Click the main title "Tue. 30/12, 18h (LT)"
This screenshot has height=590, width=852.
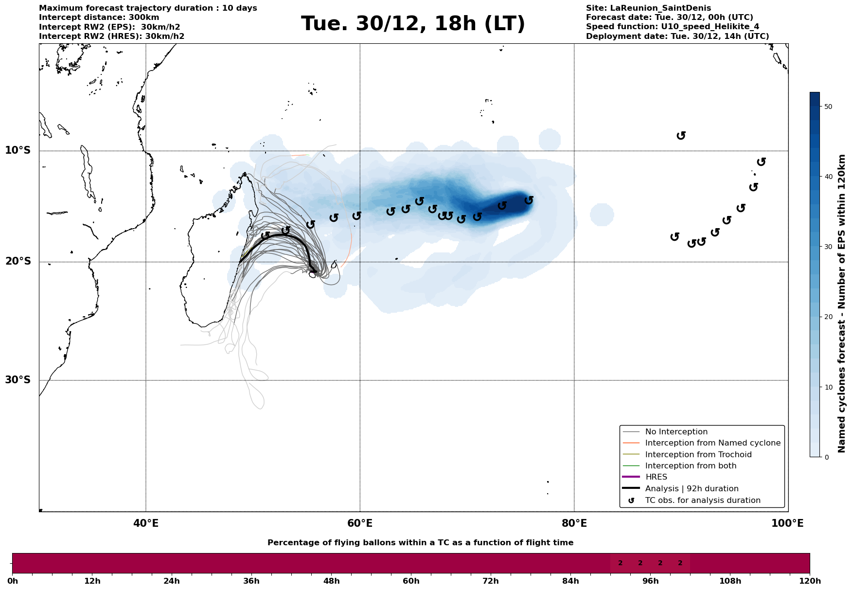click(413, 24)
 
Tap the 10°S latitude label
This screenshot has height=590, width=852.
click(18, 150)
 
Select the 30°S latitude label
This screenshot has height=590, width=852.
click(18, 380)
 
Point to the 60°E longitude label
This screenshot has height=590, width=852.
click(360, 523)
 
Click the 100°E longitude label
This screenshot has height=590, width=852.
click(787, 523)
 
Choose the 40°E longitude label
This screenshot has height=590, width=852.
click(146, 523)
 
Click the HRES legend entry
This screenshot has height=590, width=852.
click(656, 477)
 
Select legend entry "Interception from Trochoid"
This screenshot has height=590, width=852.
click(698, 455)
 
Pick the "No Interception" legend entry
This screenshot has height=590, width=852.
click(676, 432)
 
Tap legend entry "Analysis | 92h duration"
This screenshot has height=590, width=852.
click(692, 489)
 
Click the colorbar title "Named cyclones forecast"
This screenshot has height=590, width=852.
click(842, 304)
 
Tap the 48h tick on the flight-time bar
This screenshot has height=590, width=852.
click(331, 581)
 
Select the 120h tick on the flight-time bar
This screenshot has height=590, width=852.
click(809, 581)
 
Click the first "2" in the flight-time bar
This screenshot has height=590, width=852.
click(620, 563)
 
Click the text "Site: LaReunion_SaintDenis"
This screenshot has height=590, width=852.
click(648, 8)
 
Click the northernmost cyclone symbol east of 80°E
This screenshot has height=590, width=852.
click(681, 135)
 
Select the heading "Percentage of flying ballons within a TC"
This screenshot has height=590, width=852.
click(420, 543)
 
